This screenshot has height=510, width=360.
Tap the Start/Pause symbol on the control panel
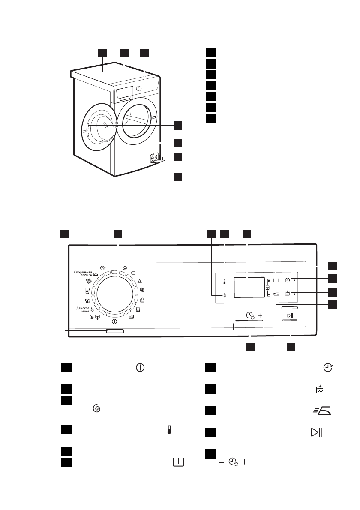pyautogui.click(x=290, y=316)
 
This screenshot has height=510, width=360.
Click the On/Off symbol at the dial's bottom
pyautogui.click(x=114, y=321)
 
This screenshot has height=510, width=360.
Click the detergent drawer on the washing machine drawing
pyautogui.click(x=125, y=94)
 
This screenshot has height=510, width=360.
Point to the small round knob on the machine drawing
pyautogui.click(x=139, y=88)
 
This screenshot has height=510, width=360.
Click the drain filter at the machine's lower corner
pyautogui.click(x=153, y=158)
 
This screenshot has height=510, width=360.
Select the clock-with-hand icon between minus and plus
pyautogui.click(x=249, y=316)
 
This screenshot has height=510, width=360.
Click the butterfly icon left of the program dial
pyautogui.click(x=87, y=301)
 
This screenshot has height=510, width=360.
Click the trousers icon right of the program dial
pyautogui.click(x=138, y=309)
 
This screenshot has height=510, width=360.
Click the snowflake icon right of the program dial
pyautogui.click(x=142, y=290)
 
